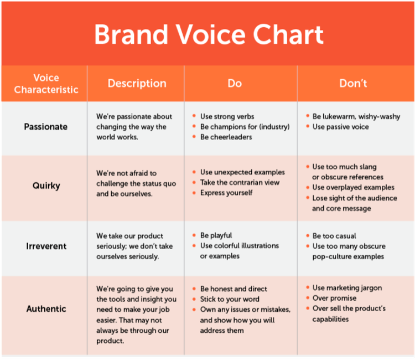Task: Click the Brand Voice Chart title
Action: (x=209, y=34)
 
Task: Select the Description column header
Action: (x=137, y=84)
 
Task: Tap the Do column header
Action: (x=235, y=83)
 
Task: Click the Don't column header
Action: (x=353, y=83)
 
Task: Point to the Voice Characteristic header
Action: (x=46, y=84)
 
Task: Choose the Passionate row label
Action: (x=46, y=127)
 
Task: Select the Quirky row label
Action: (x=46, y=186)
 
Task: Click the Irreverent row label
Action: (x=46, y=246)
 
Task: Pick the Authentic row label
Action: (x=46, y=308)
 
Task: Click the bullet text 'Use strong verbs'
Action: (x=227, y=116)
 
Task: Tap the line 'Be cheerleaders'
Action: (x=226, y=137)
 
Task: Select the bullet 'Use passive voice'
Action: (x=341, y=127)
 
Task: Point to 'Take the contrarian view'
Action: (x=240, y=183)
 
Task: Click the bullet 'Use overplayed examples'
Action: (x=354, y=188)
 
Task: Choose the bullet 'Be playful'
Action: (x=216, y=235)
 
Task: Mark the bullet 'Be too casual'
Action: (x=334, y=236)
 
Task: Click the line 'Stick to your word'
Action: (x=230, y=299)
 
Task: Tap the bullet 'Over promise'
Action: (x=334, y=299)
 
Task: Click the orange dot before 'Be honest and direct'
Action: (x=194, y=289)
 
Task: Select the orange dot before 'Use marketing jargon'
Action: (x=308, y=287)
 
